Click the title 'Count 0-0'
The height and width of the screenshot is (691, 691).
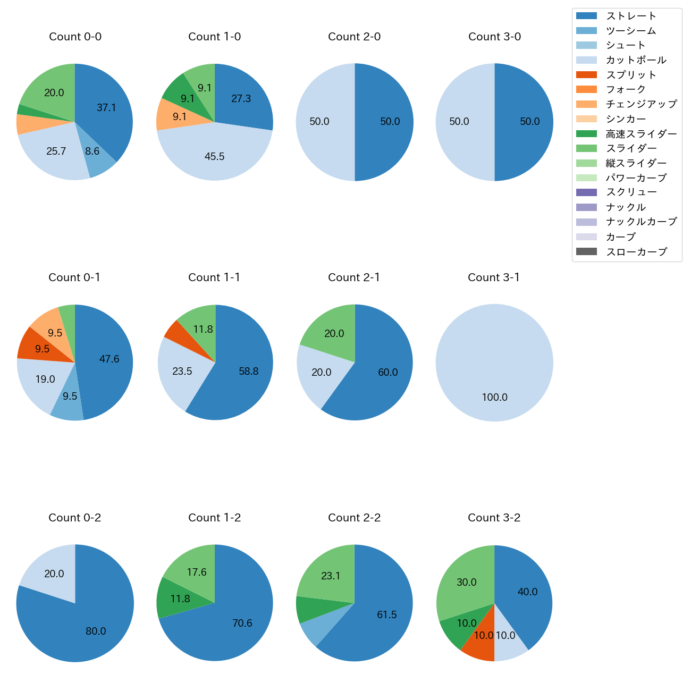coord(75,37)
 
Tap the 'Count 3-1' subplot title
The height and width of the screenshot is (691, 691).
coord(494,277)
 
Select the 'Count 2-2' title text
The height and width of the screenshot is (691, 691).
coord(354,518)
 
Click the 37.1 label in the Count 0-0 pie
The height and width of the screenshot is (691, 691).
coord(106,108)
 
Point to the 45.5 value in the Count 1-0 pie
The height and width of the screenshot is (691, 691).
coord(214,157)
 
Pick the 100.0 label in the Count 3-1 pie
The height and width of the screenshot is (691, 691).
coord(494,398)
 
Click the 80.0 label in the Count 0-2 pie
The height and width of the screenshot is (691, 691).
coord(96,631)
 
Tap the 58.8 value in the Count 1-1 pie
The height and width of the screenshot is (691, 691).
coord(248,372)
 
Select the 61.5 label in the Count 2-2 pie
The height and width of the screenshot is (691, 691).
coord(386,615)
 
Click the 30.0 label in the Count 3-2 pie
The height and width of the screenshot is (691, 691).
coord(466,583)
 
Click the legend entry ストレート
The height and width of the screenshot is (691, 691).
coord(631,16)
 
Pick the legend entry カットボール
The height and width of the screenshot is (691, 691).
coord(636,60)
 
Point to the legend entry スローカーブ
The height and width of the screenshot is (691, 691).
coord(636,252)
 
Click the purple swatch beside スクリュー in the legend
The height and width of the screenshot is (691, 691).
coord(586,192)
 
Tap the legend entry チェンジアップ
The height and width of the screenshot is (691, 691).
coord(641,104)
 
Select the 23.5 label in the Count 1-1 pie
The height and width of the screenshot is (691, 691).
coord(182,372)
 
